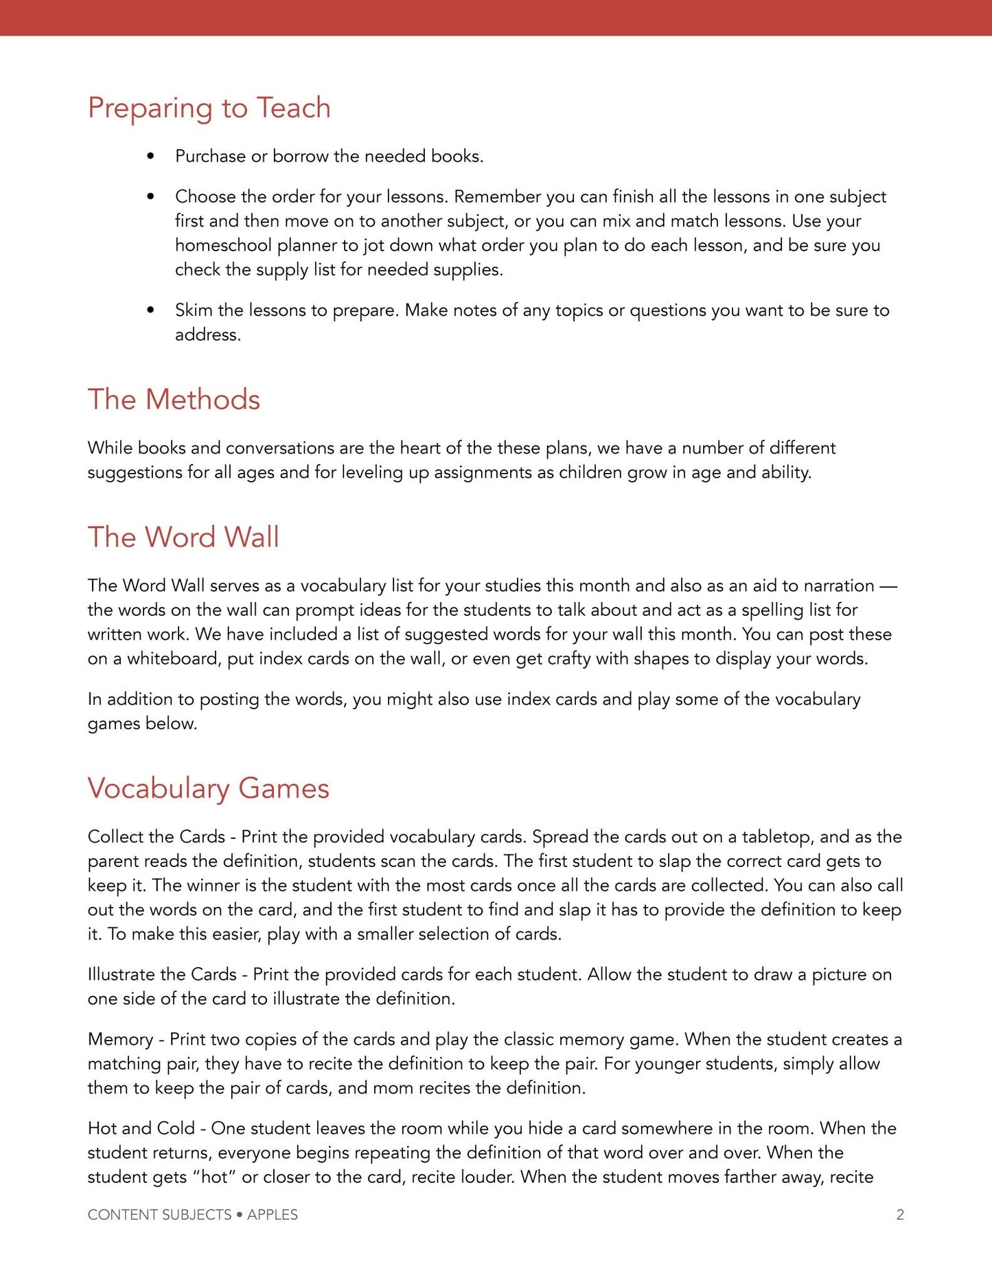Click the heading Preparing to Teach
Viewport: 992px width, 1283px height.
point(209,108)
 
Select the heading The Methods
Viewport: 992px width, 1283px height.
point(174,400)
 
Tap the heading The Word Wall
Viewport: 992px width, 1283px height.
point(183,537)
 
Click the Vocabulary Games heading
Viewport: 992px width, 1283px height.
point(208,788)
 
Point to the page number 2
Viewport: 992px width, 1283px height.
point(899,1214)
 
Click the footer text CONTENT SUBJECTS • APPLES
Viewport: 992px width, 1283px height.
point(192,1214)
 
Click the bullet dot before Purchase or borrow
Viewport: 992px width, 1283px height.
point(150,157)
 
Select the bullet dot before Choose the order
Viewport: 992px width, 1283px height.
point(150,197)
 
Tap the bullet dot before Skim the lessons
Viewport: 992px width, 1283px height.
point(150,310)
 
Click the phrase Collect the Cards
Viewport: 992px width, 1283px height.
point(156,837)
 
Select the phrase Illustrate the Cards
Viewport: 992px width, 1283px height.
point(162,974)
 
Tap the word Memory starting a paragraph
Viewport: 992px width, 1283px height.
point(120,1039)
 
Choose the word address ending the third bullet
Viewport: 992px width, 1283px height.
point(207,335)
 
